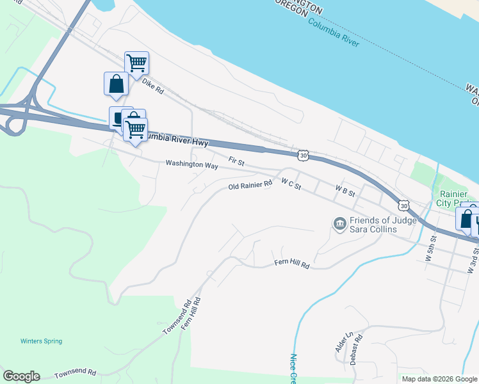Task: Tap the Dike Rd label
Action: [153, 86]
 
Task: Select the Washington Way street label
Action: [191, 164]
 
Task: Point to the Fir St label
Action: [237, 162]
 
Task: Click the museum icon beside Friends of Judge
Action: [339, 223]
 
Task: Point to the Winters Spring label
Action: [41, 341]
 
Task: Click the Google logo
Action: [21, 376]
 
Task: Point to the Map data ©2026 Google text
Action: [439, 378]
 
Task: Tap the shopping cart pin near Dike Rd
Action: [136, 63]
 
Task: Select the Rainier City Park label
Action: [457, 198]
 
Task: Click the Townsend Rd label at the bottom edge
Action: [75, 373]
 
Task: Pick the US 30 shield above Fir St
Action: [303, 155]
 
